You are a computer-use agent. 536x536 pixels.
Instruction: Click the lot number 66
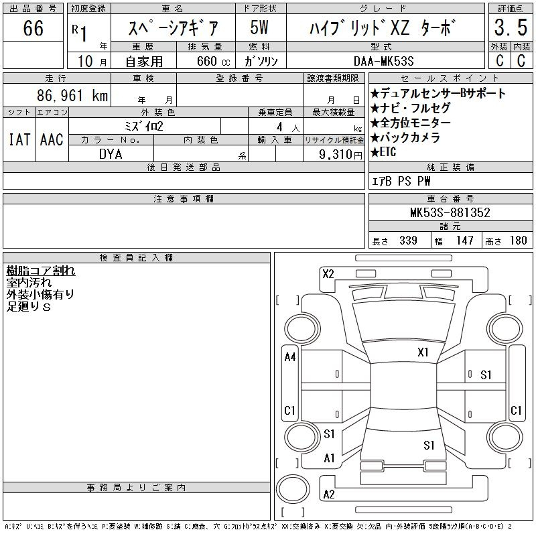(x=33, y=28)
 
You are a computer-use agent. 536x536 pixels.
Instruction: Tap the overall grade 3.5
(x=511, y=27)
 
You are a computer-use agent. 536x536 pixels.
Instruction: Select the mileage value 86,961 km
(x=72, y=95)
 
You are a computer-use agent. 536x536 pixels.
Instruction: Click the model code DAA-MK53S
(x=383, y=61)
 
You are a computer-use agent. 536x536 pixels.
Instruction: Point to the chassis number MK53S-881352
(x=450, y=212)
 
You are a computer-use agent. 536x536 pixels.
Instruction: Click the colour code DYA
(x=111, y=154)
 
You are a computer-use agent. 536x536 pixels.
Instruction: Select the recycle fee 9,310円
(x=340, y=155)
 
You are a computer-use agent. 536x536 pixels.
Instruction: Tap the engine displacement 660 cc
(x=213, y=61)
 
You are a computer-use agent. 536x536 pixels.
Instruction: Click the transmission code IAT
(x=19, y=139)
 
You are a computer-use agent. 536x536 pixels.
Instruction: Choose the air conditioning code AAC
(x=52, y=139)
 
